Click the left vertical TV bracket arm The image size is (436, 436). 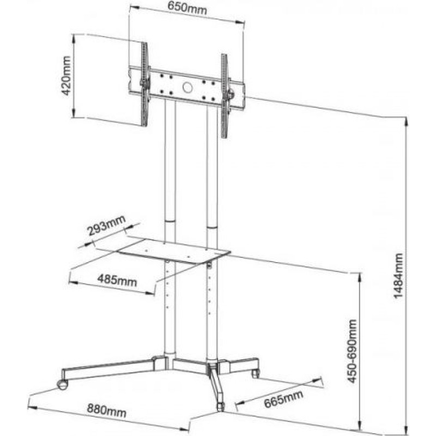144,84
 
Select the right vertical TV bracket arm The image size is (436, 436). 225,95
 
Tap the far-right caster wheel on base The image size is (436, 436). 255,373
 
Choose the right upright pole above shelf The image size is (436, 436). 213,169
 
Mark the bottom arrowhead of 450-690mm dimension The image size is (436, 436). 360,424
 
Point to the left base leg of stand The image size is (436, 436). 109,371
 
